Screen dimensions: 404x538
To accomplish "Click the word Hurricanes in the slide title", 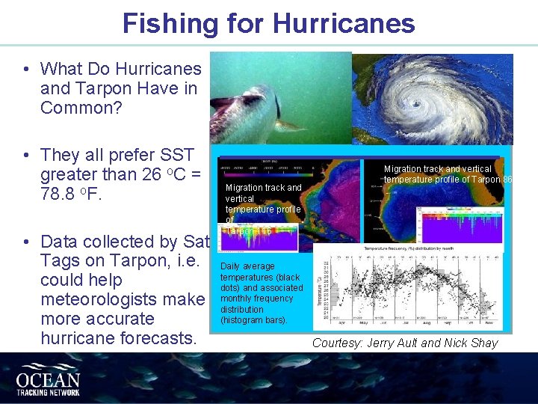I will [x=344, y=23].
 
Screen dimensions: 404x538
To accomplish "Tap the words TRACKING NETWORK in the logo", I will [x=48, y=389].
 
